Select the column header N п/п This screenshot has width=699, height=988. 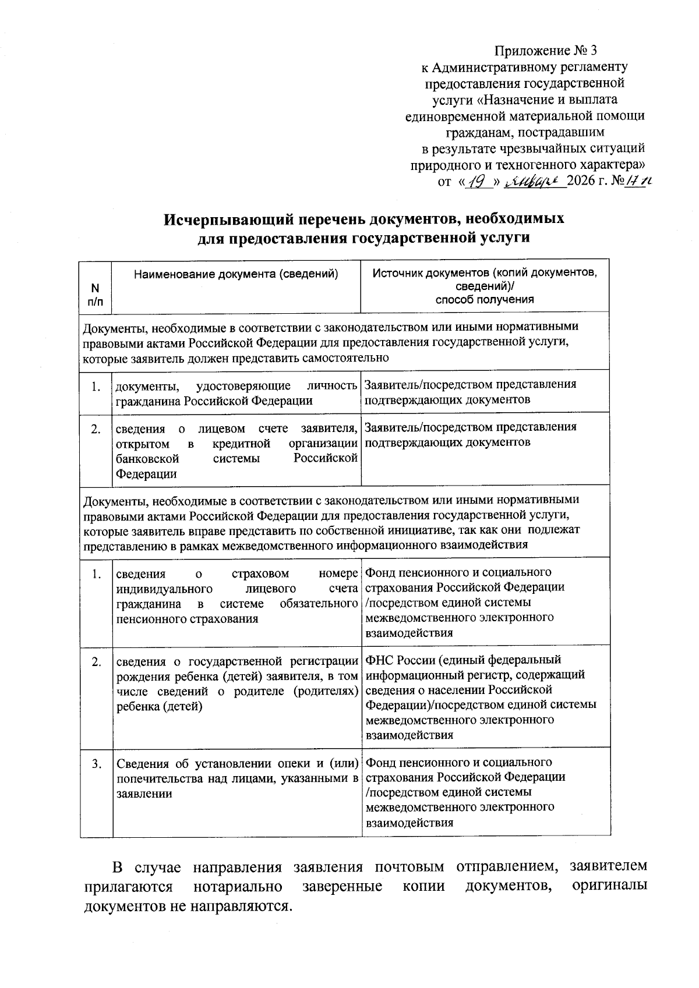tap(96, 294)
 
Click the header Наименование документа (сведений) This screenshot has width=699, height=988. tap(236, 274)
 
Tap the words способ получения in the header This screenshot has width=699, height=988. tap(485, 300)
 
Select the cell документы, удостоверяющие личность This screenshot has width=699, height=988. tap(236, 392)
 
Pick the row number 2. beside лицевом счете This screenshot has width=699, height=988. tap(96, 429)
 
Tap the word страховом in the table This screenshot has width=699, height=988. tap(260, 573)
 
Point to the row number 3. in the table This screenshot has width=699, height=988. tap(97, 763)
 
